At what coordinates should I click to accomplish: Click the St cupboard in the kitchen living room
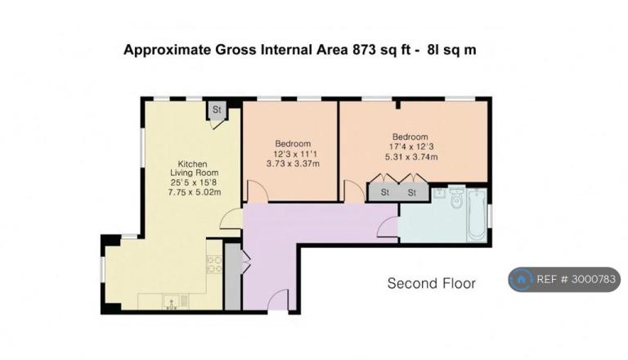[217, 110]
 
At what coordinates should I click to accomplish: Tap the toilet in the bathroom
[456, 198]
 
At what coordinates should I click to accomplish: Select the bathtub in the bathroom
[477, 215]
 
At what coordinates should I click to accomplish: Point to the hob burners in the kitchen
[214, 264]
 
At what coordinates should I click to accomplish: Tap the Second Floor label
[432, 283]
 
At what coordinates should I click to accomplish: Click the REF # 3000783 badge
[564, 279]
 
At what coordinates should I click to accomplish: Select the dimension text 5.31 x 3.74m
[411, 157]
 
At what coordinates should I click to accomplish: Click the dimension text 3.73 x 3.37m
[294, 164]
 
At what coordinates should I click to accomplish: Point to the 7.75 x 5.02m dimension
[195, 192]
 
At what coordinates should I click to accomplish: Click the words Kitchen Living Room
[195, 169]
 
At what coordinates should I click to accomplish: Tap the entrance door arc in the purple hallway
[277, 299]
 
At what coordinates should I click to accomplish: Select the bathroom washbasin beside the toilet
[440, 193]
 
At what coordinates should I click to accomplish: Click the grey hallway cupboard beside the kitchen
[232, 277]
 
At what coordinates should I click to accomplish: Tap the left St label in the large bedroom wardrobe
[385, 193]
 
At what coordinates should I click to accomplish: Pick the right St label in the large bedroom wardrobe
[412, 193]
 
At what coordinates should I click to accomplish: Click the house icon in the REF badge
[522, 280]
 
